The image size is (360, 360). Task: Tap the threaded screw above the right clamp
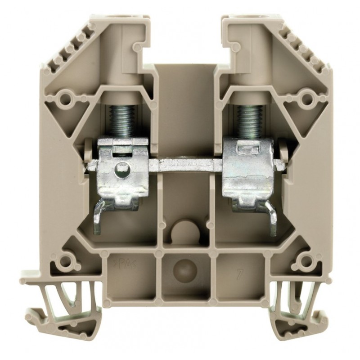[248, 119]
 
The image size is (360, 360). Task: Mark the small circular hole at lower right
[306, 261]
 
